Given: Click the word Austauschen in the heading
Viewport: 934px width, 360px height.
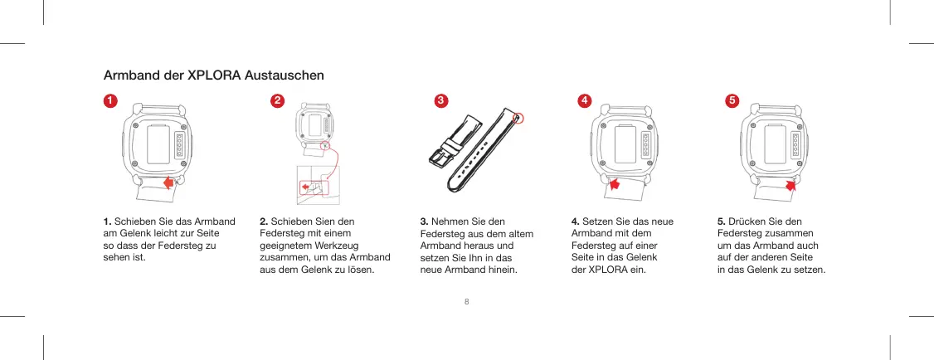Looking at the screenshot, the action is coord(284,76).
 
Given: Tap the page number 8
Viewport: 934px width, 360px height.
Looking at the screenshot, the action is coord(467,300).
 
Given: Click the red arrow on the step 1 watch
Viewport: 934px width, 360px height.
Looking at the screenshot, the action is coord(171,182).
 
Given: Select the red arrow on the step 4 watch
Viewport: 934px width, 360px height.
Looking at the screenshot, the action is coord(615,183).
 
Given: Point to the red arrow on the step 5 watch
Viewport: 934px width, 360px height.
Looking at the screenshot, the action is coord(790,185).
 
